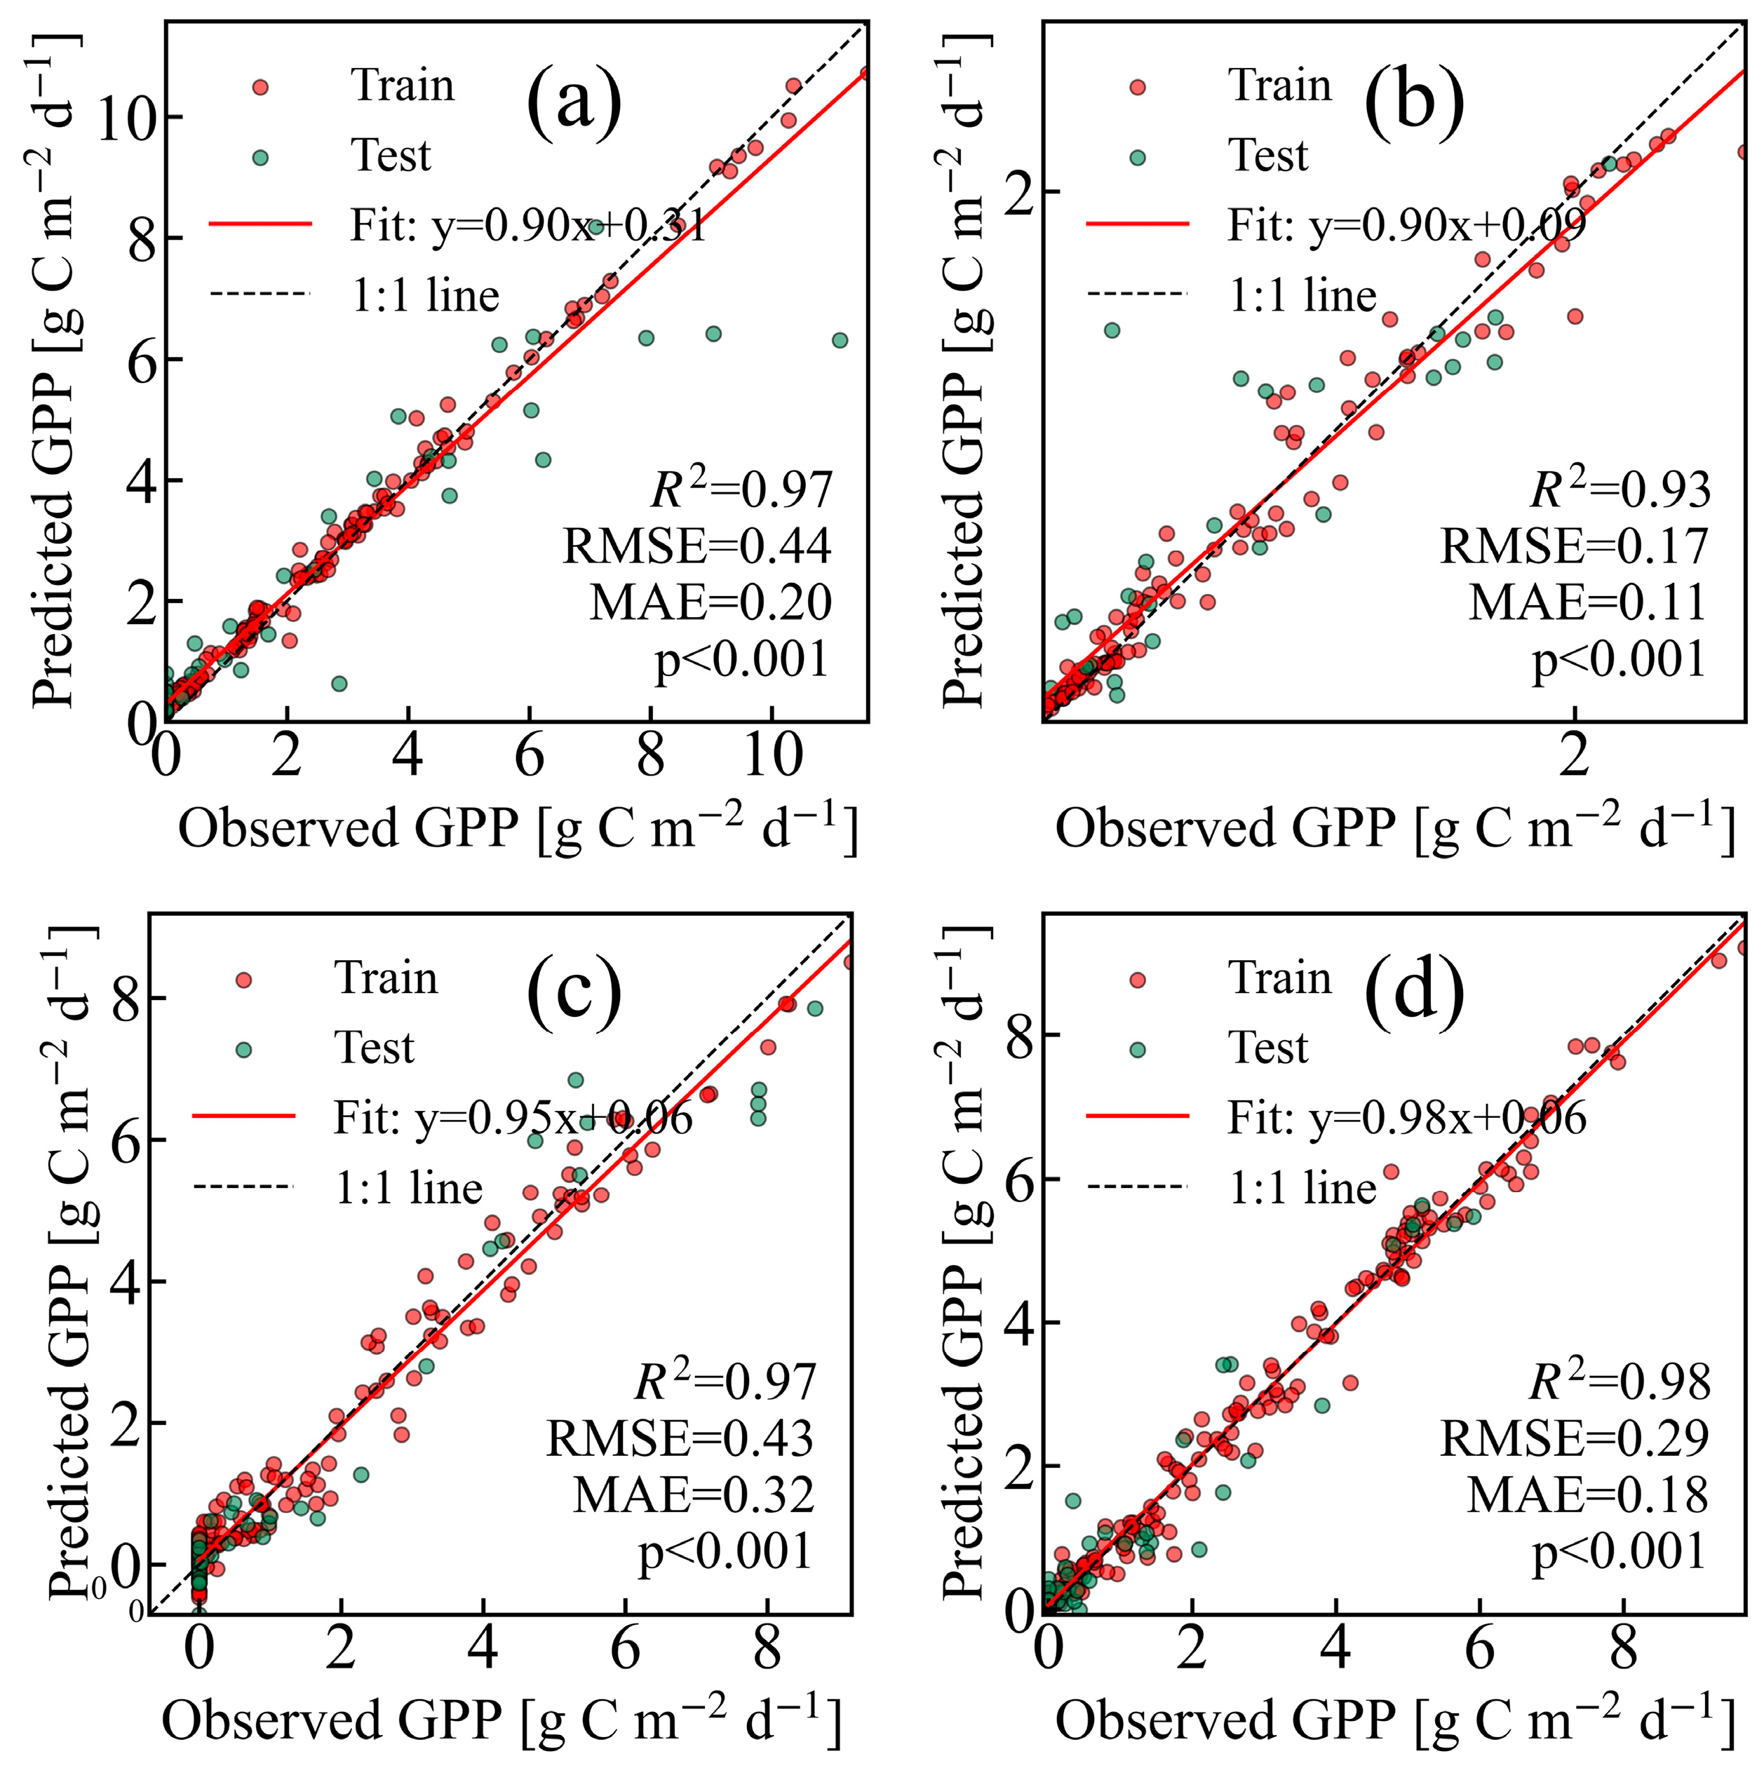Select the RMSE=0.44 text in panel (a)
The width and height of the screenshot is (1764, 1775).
point(696,546)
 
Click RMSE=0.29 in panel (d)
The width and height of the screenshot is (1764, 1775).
point(1574,1439)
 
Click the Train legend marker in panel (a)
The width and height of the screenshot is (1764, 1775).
point(260,87)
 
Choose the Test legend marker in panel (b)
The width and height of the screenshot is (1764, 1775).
point(1138,157)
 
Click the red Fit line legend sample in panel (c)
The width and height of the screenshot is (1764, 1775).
point(243,1117)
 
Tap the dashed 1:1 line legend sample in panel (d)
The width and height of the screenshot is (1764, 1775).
point(1138,1188)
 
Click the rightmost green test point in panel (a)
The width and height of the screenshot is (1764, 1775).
point(839,340)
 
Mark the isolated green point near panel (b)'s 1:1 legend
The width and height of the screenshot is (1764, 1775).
point(1112,330)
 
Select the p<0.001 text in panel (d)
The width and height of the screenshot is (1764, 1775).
point(1619,1553)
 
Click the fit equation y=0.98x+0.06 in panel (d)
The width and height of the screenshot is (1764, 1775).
point(1406,1118)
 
